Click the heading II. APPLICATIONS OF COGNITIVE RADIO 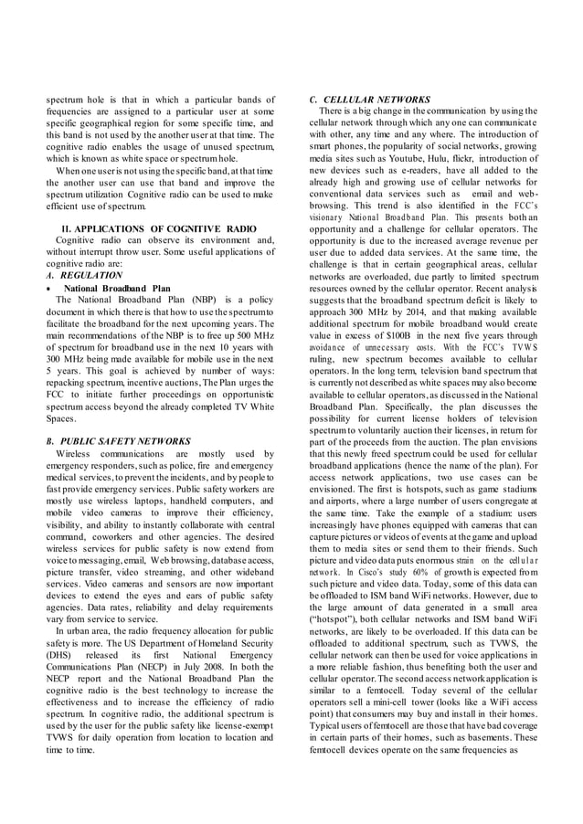(x=157, y=227)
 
